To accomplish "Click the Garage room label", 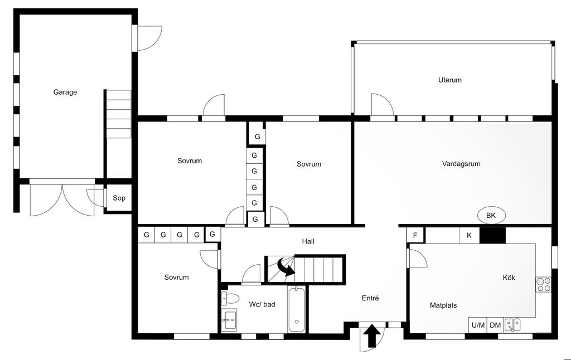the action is [x=65, y=92].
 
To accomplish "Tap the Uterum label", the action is [x=450, y=80].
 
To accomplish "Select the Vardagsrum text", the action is [x=461, y=164].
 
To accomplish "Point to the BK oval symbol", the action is [x=491, y=216].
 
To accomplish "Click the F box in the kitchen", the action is [x=415, y=235].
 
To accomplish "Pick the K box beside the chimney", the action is [x=469, y=235].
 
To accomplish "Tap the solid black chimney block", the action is [x=492, y=235].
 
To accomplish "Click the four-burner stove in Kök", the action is [x=543, y=284].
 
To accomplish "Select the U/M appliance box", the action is [x=478, y=325].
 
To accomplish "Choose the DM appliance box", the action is [x=495, y=325].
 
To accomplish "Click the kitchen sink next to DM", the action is [x=512, y=325].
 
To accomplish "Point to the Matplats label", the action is [x=443, y=305].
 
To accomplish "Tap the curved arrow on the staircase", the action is [x=285, y=267].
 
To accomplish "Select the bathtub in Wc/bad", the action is [x=297, y=309].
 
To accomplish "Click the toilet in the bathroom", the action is [x=229, y=299].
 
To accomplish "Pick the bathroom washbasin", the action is [x=229, y=320].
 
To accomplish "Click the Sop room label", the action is [x=119, y=198].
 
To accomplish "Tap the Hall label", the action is [x=308, y=241].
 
